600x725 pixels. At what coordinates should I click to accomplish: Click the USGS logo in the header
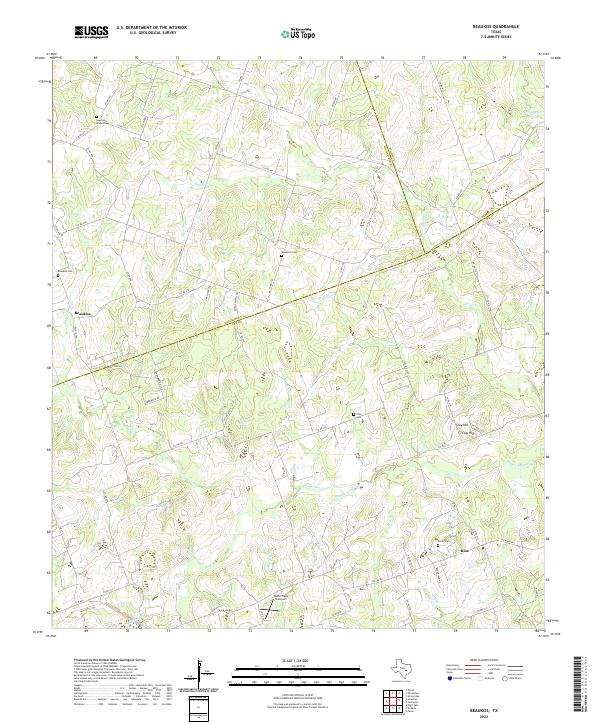(92, 33)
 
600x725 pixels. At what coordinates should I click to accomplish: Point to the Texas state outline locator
(408, 669)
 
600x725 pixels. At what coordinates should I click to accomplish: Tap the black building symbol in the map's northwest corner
(97, 117)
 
